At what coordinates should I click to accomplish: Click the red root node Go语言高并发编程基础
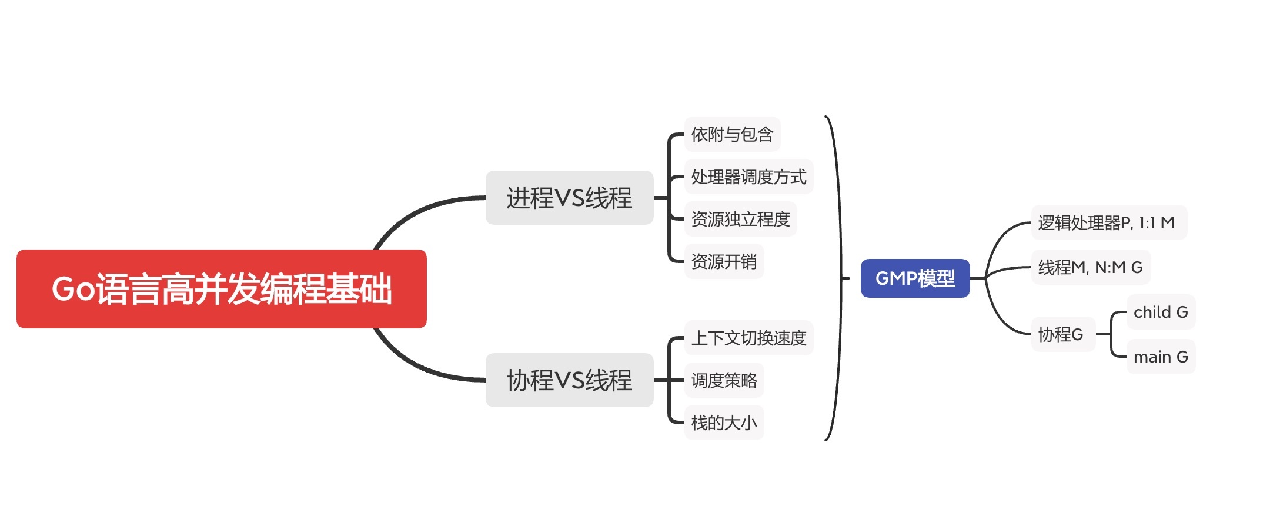pyautogui.click(x=221, y=289)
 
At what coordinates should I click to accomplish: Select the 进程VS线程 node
pyautogui.click(x=569, y=198)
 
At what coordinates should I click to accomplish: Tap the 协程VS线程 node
pyautogui.click(x=569, y=380)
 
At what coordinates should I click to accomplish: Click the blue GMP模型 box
pyautogui.click(x=915, y=278)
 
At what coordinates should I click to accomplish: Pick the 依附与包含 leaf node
pyautogui.click(x=732, y=134)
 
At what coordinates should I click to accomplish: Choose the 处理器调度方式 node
pyautogui.click(x=748, y=177)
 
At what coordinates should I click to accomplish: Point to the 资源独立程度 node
pyautogui.click(x=740, y=219)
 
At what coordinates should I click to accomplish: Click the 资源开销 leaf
pyautogui.click(x=724, y=261)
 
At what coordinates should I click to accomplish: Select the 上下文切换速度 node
pyautogui.click(x=748, y=338)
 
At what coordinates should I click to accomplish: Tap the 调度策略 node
pyautogui.click(x=724, y=380)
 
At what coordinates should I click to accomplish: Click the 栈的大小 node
pyautogui.click(x=724, y=423)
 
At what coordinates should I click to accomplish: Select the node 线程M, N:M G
pyautogui.click(x=1091, y=267)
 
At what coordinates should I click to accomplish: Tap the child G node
pyautogui.click(x=1161, y=312)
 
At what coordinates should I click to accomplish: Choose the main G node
pyautogui.click(x=1161, y=357)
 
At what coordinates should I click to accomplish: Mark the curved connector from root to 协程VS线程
pyautogui.click(x=412, y=365)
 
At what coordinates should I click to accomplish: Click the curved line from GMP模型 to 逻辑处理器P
pyautogui.click(x=1000, y=235)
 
